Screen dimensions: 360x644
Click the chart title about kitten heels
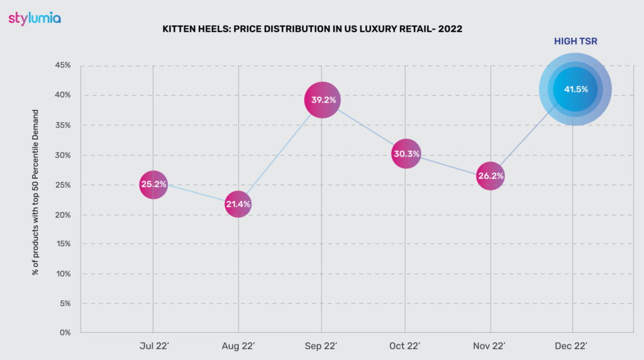pos(312,29)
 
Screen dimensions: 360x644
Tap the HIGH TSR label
pos(575,41)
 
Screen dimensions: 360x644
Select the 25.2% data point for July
pos(153,185)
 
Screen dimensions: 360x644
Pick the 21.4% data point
pos(238,205)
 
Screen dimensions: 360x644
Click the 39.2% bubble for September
pos(322,100)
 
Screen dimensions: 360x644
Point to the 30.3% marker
pos(406,154)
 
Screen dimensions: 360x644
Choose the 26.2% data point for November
pos(491,176)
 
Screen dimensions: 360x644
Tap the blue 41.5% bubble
pos(575,89)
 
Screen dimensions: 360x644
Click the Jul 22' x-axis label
pos(153,346)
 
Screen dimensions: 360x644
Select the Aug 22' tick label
pos(238,346)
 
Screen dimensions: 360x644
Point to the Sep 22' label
pos(322,346)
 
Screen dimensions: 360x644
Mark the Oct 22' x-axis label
pos(406,346)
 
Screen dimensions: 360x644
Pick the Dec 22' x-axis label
pos(573,346)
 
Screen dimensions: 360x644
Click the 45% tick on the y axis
pos(63,65)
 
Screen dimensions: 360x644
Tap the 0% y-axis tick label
pos(65,333)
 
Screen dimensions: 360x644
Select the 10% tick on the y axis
pos(63,274)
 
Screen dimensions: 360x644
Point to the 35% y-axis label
pos(63,125)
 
